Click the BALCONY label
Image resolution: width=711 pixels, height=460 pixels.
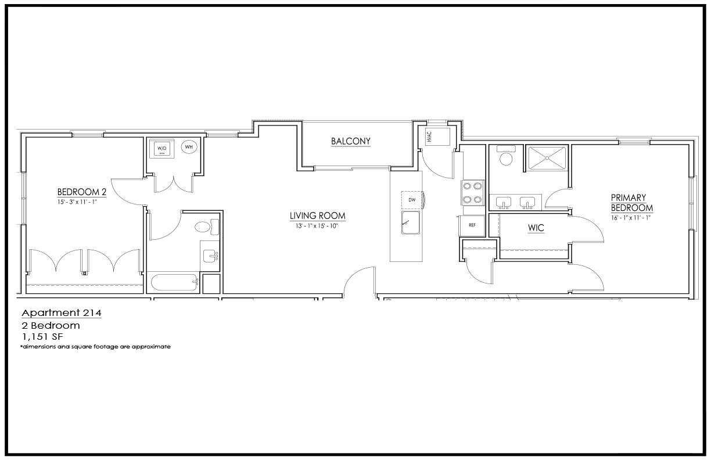[x=351, y=141]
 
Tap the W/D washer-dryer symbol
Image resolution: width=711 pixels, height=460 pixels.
[x=162, y=149]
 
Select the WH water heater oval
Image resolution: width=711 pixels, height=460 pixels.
[x=189, y=147]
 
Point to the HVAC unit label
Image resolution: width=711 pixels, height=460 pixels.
[x=429, y=137]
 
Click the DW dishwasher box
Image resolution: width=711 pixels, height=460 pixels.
[x=412, y=200]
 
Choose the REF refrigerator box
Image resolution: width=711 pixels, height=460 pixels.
[x=472, y=225]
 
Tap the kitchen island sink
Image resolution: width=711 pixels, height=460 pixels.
[x=411, y=222]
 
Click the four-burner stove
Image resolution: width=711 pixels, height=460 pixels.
[x=473, y=193]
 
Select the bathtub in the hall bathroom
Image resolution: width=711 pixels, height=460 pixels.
[x=175, y=282]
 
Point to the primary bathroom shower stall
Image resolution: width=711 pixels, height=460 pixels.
[x=547, y=158]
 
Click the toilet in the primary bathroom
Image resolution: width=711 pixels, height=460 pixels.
[x=506, y=155]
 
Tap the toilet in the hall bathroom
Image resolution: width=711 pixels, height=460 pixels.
[x=207, y=227]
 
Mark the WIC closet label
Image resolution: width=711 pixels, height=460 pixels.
[x=536, y=228]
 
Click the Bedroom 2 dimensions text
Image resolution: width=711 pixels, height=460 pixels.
[x=77, y=202]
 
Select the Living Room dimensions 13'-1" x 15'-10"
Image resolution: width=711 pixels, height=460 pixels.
[x=317, y=226]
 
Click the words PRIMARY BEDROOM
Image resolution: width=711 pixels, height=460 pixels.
[x=631, y=203]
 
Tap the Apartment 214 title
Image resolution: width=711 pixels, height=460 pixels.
[x=62, y=313]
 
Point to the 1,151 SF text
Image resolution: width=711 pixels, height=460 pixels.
[x=42, y=336]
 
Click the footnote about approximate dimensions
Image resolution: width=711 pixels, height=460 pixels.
[x=95, y=347]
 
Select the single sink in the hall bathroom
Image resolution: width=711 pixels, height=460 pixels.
[x=210, y=256]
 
